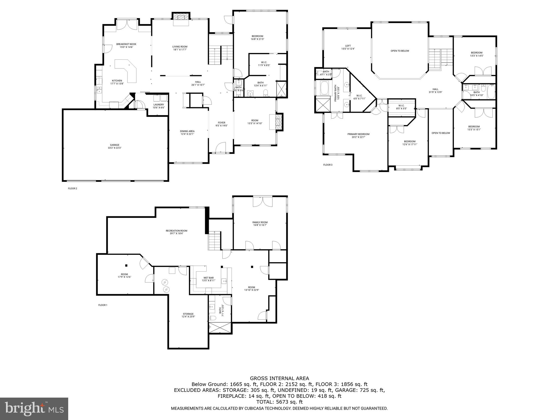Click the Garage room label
click(115, 147)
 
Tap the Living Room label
click(180, 48)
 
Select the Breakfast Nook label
click(126, 46)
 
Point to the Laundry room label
click(159, 106)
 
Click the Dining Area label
click(187, 133)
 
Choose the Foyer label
click(221, 124)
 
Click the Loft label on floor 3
click(348, 47)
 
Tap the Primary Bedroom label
click(358, 136)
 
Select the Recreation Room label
click(176, 232)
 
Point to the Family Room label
click(260, 224)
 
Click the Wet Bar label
click(209, 279)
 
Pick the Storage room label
click(188, 315)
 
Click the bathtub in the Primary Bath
click(325, 88)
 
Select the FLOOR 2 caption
click(72, 188)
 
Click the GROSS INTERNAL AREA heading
click(279, 378)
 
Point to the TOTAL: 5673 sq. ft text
click(279, 402)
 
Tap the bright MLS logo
click(34, 408)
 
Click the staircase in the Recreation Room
click(215, 241)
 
